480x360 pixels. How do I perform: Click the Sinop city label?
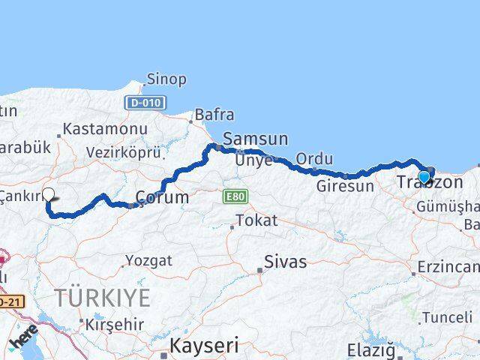(166, 79)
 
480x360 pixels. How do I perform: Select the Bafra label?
(214, 115)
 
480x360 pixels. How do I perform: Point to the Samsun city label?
(255, 139)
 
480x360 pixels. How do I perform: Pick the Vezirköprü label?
(124, 151)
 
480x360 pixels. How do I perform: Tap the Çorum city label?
(161, 197)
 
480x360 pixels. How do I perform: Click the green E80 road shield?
(233, 196)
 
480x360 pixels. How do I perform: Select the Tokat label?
(255, 221)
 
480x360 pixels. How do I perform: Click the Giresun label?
(344, 186)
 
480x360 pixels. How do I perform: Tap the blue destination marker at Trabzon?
(424, 178)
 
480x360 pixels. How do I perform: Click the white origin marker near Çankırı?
(49, 194)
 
